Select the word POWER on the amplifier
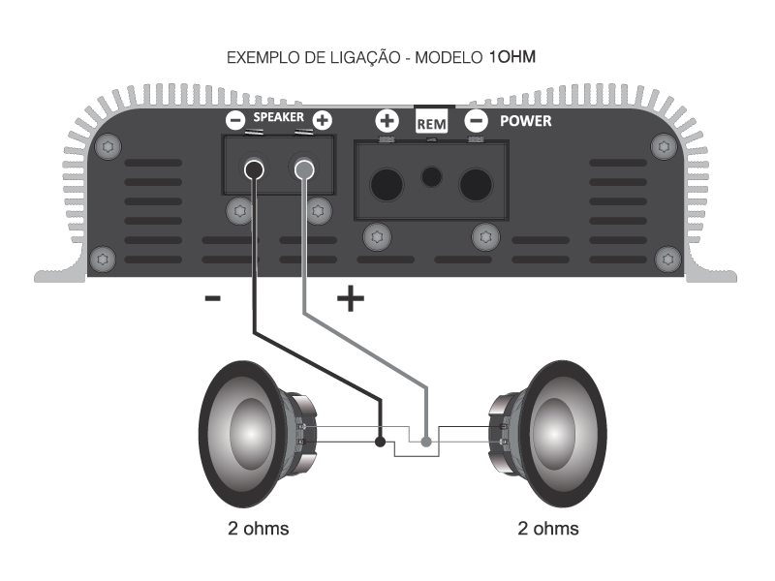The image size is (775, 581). coord(525,121)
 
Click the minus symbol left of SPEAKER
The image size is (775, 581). coord(235,120)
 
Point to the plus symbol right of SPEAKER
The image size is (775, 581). coord(323,120)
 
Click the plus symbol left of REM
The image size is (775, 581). coord(386,122)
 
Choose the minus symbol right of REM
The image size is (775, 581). coord(476,122)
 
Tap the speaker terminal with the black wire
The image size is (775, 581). coord(255,172)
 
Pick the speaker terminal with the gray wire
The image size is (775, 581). coord(304,172)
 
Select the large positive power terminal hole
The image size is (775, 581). coord(388,183)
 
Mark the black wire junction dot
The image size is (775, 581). coord(380,442)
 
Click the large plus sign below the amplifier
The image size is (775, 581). coord(350,300)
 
